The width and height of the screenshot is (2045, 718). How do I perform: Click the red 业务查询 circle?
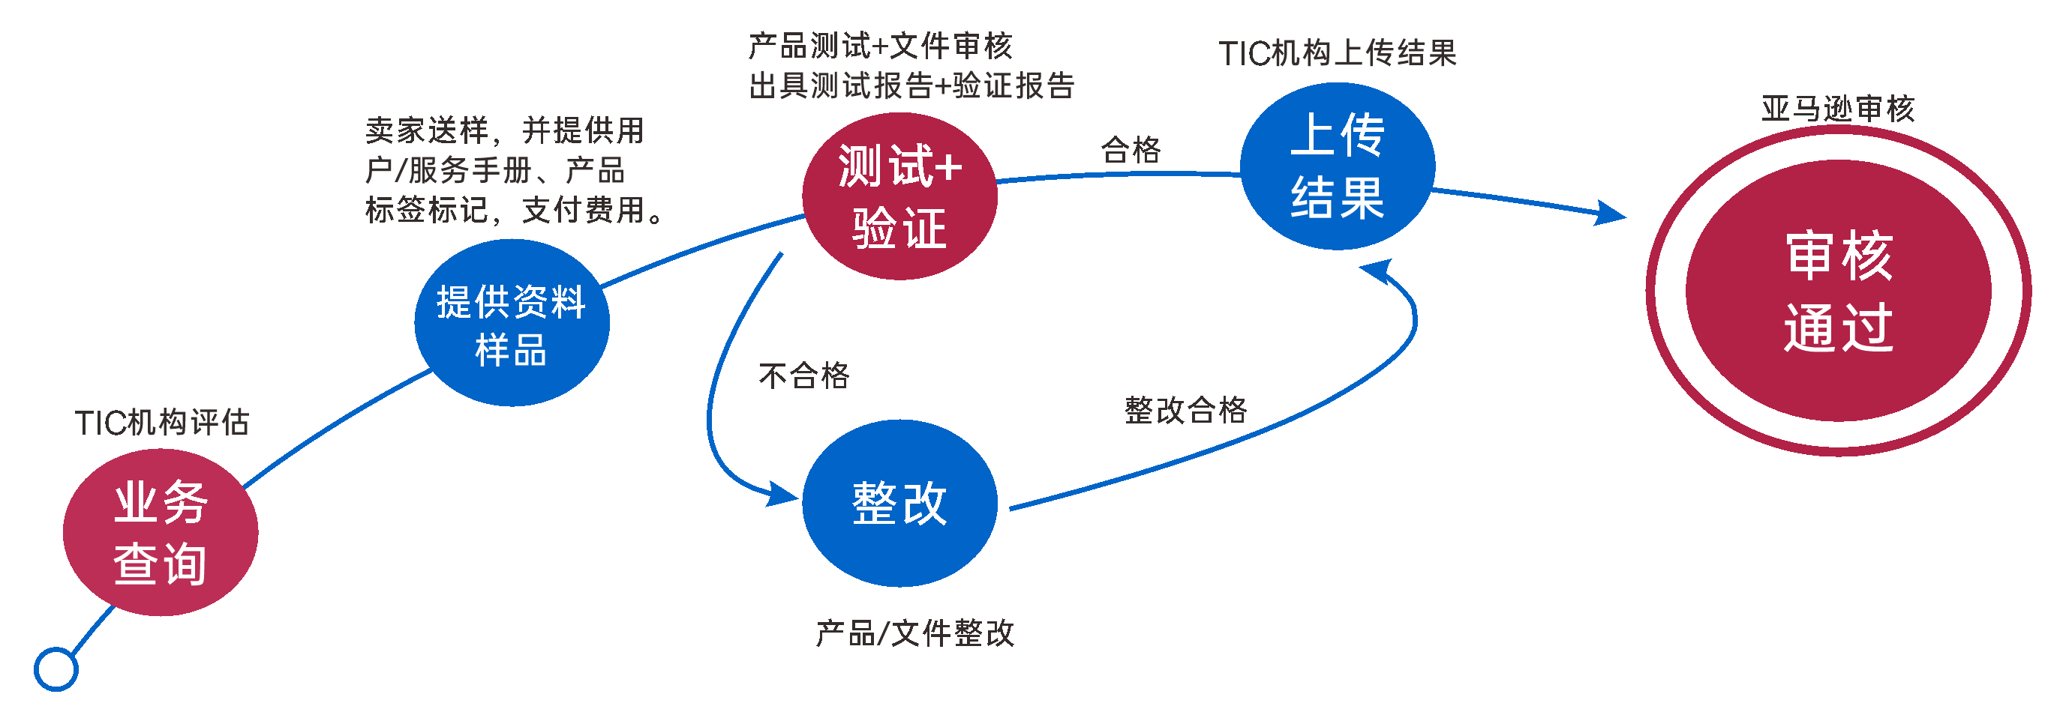click(x=161, y=532)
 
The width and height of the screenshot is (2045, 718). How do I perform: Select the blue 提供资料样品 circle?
click(x=512, y=323)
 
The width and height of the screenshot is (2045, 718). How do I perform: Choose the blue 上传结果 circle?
click(x=1338, y=166)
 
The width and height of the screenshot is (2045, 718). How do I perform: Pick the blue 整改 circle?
click(x=899, y=503)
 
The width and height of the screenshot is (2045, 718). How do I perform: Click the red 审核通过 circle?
click(x=1839, y=290)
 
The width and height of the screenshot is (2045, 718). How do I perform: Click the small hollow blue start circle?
click(x=56, y=669)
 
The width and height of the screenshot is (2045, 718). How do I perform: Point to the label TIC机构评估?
click(x=162, y=422)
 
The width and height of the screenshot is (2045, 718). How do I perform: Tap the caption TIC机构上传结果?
click(x=1338, y=53)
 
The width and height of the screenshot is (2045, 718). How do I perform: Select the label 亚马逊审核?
click(x=1839, y=109)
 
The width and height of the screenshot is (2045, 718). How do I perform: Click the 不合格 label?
click(x=804, y=375)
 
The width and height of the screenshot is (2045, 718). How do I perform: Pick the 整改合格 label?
click(x=1186, y=410)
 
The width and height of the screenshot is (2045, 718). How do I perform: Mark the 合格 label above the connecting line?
click(x=1131, y=149)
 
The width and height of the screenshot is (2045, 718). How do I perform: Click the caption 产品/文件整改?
click(x=915, y=633)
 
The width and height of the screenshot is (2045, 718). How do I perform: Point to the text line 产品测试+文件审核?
click(x=881, y=46)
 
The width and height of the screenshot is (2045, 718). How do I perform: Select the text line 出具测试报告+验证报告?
click(x=911, y=85)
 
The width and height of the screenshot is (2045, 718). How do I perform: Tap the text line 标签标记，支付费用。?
click(x=515, y=211)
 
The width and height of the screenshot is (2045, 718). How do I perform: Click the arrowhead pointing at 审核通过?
click(x=1611, y=214)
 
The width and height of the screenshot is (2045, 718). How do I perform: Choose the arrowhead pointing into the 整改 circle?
click(x=782, y=495)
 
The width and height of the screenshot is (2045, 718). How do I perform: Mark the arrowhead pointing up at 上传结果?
click(x=1378, y=270)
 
